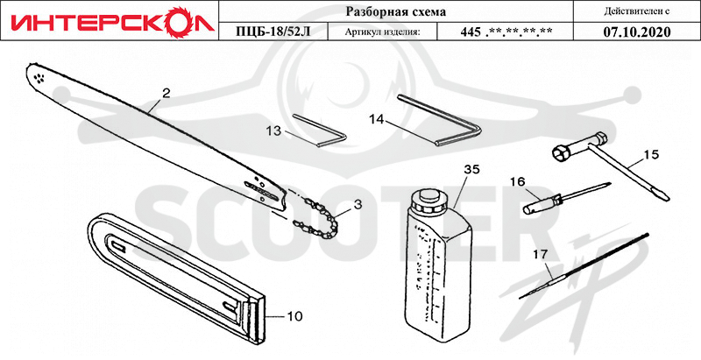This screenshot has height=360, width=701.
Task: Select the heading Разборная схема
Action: point(396,11)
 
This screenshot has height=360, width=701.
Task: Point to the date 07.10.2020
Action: point(636,32)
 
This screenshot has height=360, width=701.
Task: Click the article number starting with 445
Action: point(506,32)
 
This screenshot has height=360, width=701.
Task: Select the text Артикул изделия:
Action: point(383,32)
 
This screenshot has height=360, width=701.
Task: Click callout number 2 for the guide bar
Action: point(166,93)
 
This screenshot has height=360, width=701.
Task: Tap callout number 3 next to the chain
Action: point(357,205)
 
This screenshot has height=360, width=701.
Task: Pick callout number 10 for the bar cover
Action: point(294,316)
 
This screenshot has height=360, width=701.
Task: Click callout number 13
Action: point(273,131)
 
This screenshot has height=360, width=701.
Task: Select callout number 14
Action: point(377,119)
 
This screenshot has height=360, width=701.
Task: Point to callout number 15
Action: point(650,154)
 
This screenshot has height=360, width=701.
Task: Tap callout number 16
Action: point(518,181)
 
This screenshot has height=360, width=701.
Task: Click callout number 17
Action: point(540,255)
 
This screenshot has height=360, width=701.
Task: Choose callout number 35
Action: point(471,169)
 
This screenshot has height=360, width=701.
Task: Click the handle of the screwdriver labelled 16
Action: point(541,203)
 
